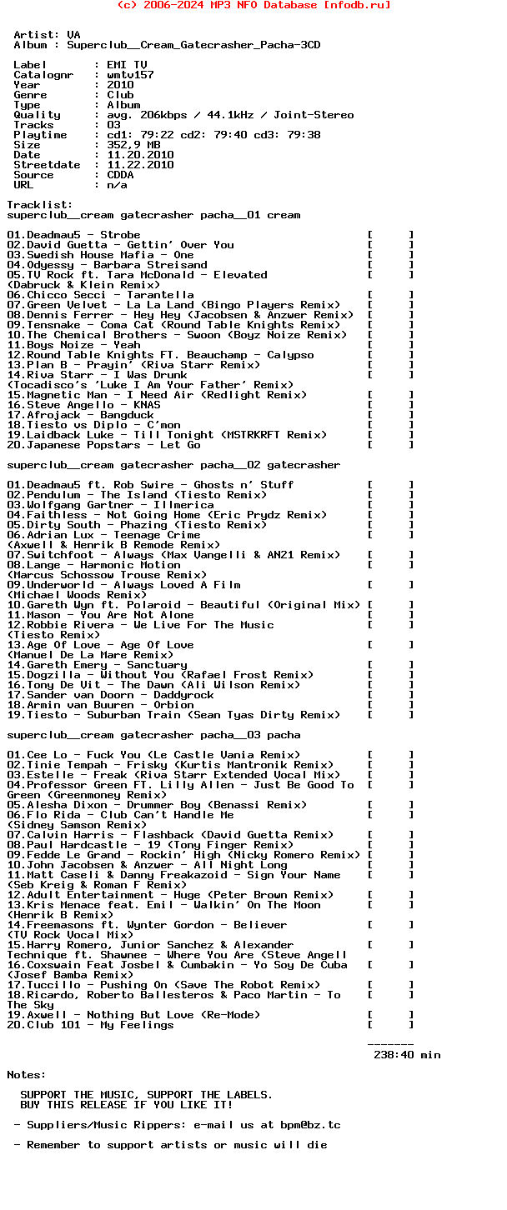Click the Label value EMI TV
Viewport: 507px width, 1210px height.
(128, 65)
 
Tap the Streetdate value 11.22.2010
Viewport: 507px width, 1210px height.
(141, 165)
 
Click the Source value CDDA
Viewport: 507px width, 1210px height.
(121, 175)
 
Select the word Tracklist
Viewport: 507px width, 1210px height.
(38, 205)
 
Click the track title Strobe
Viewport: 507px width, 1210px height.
(121, 235)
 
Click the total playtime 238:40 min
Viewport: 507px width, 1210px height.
(407, 1055)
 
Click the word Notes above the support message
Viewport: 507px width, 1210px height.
(25, 1075)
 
